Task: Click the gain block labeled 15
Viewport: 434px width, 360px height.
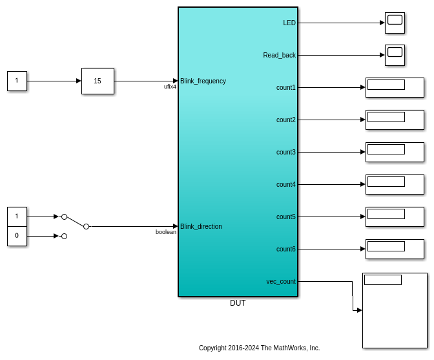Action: click(x=98, y=81)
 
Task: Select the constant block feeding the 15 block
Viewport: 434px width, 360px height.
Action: click(x=17, y=81)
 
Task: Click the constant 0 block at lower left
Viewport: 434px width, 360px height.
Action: click(x=17, y=236)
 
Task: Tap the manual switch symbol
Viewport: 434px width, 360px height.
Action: click(x=75, y=222)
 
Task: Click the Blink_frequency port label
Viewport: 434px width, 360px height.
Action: click(x=203, y=81)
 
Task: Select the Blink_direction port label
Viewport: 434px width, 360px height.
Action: click(x=201, y=226)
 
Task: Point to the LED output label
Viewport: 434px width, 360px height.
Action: click(x=289, y=23)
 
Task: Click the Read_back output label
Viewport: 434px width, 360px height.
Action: click(x=279, y=55)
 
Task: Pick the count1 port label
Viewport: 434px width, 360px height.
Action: click(x=286, y=87)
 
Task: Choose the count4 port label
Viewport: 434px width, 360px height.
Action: click(x=286, y=184)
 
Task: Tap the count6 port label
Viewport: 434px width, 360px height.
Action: click(x=286, y=249)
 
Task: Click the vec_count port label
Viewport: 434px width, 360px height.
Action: click(x=281, y=281)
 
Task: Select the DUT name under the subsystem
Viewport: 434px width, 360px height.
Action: click(x=238, y=303)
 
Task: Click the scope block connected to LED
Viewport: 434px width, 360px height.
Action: click(x=395, y=23)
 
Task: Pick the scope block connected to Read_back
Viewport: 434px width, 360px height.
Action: click(x=395, y=55)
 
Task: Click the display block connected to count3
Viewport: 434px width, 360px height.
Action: click(x=395, y=152)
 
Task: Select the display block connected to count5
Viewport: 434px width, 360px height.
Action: click(x=395, y=217)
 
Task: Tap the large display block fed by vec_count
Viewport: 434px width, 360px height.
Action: click(x=395, y=310)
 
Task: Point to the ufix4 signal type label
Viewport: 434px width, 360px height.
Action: click(x=170, y=87)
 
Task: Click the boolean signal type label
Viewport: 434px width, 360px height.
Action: click(x=166, y=232)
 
